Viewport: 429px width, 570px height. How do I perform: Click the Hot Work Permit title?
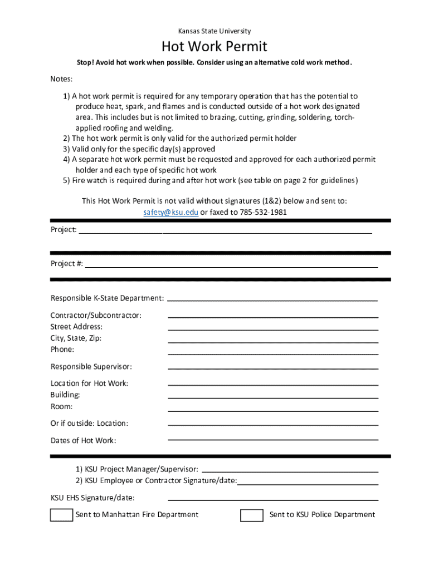[x=214, y=46]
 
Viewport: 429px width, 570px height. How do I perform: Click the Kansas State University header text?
[x=214, y=31]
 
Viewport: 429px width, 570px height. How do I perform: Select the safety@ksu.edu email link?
[x=170, y=213]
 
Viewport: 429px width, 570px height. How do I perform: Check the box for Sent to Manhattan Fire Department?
[x=61, y=515]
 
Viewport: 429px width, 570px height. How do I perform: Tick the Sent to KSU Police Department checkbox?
[x=252, y=515]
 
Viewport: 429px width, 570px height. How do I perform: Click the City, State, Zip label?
[x=76, y=338]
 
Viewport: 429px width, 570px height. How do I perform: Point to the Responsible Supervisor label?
[x=91, y=367]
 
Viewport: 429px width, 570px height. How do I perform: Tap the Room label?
[x=61, y=407]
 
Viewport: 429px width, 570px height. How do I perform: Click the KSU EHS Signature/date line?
[x=273, y=499]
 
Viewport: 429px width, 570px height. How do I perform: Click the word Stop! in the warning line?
[x=85, y=62]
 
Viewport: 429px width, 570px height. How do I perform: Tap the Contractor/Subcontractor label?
[x=96, y=316]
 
